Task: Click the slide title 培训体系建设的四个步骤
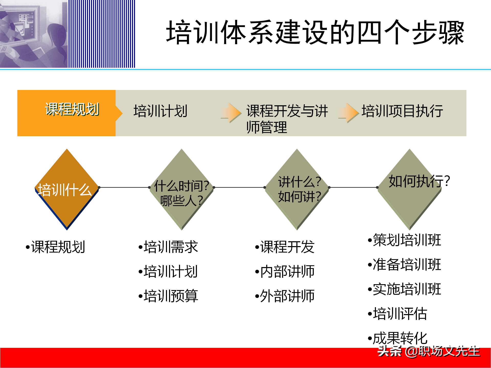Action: [315, 33]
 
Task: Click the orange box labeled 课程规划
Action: [66, 113]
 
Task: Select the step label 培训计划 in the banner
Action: [160, 111]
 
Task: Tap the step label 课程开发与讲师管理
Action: [286, 119]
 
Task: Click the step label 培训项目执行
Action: [402, 111]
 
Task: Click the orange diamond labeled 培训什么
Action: [67, 190]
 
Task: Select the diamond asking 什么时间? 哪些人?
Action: [182, 190]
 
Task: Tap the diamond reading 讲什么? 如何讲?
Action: [297, 190]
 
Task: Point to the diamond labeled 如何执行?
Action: [409, 190]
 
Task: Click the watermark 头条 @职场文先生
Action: [429, 351]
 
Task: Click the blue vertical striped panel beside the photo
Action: [102, 34]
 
